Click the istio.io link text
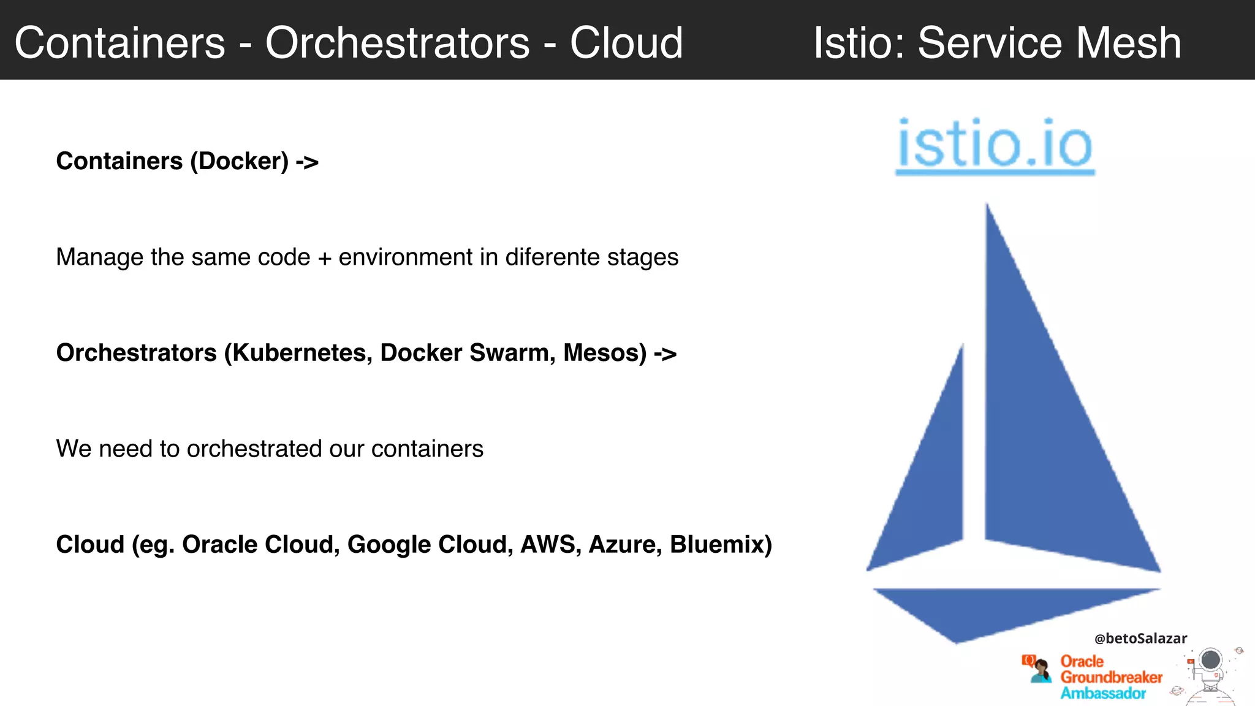(x=995, y=145)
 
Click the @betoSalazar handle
(x=1140, y=639)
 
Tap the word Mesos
(x=604, y=354)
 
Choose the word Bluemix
(x=721, y=545)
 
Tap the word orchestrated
(x=254, y=449)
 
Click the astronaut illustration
(x=1210, y=674)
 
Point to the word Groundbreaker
(x=1111, y=677)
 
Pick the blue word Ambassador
(x=1103, y=693)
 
